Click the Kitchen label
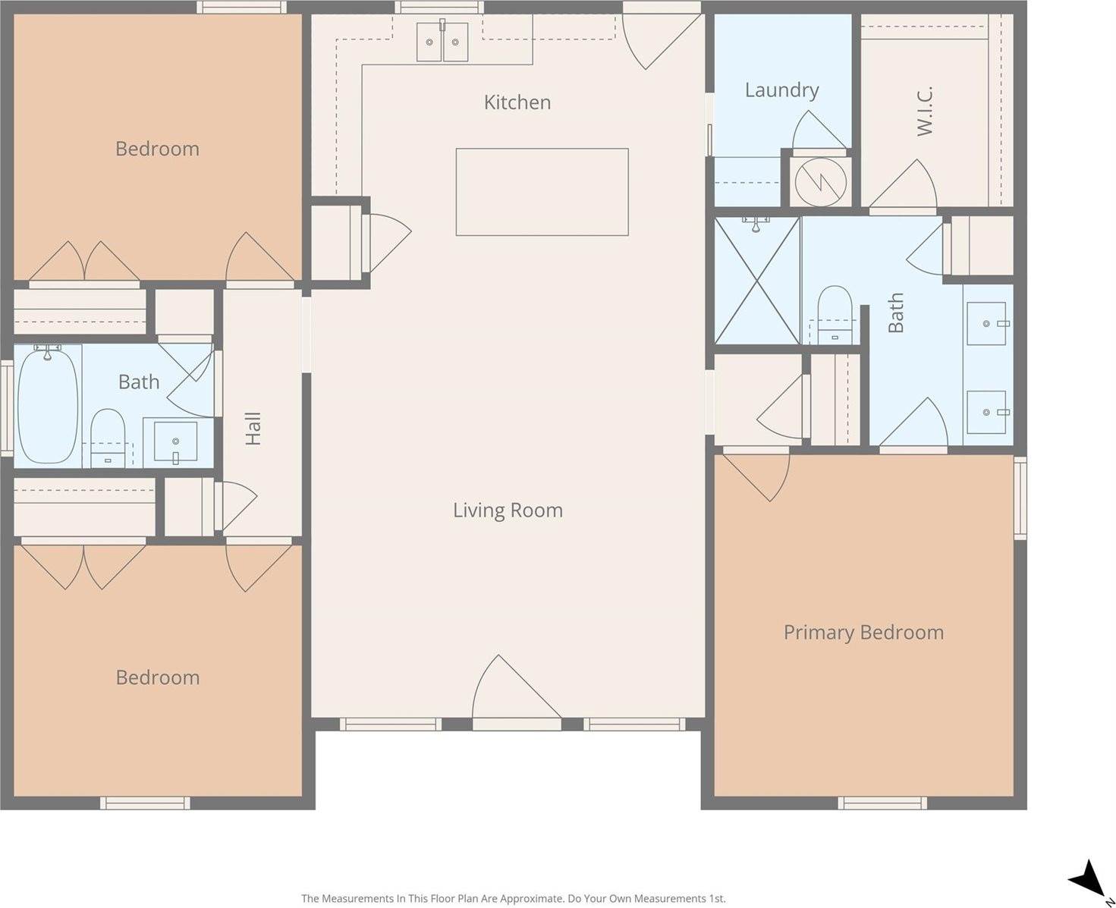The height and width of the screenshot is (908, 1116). pyautogui.click(x=517, y=102)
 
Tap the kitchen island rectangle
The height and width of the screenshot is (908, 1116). pyautogui.click(x=542, y=192)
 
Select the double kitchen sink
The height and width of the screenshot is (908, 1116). pyautogui.click(x=442, y=42)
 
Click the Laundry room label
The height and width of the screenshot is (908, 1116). pyautogui.click(x=781, y=90)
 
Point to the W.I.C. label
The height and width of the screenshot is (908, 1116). pyautogui.click(x=924, y=111)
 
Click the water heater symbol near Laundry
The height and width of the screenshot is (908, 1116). pyautogui.click(x=820, y=181)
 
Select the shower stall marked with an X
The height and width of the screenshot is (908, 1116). pyautogui.click(x=757, y=280)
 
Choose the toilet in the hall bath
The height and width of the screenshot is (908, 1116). pyautogui.click(x=108, y=436)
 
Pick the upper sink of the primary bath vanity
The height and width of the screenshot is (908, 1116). pyautogui.click(x=987, y=323)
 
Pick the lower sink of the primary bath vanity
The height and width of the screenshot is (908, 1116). pyautogui.click(x=987, y=412)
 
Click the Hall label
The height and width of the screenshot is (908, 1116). pyautogui.click(x=253, y=429)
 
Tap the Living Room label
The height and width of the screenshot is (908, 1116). pyautogui.click(x=508, y=510)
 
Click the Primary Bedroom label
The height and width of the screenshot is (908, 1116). pyautogui.click(x=863, y=632)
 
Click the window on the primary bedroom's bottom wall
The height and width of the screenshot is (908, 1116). pyautogui.click(x=882, y=803)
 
